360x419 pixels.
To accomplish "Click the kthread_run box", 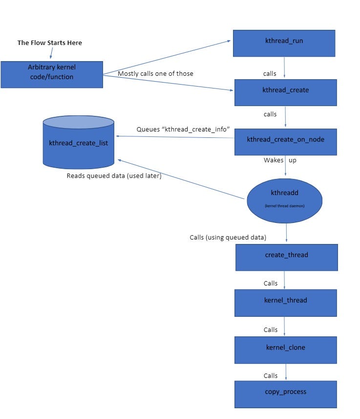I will click(284, 43).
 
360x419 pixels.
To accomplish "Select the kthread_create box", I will click(285, 92).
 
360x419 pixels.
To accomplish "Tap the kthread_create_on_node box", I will click(285, 142).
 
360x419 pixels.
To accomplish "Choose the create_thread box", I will click(286, 257).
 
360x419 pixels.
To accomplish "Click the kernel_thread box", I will click(286, 302).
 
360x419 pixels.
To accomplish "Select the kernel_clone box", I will click(286, 350).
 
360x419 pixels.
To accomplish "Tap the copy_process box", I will click(286, 394).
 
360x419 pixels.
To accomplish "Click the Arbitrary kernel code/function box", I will click(52, 74).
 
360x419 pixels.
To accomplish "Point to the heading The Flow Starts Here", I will click(50, 43).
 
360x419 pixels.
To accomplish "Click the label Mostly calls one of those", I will click(155, 74).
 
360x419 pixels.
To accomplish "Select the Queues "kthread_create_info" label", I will click(183, 129).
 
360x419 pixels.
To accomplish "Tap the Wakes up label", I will click(280, 160).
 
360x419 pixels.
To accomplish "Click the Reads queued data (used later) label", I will click(114, 176).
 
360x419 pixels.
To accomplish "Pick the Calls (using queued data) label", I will click(228, 238).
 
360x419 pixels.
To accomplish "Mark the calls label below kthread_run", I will click(270, 74).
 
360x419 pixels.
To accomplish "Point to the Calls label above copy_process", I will click(271, 376).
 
